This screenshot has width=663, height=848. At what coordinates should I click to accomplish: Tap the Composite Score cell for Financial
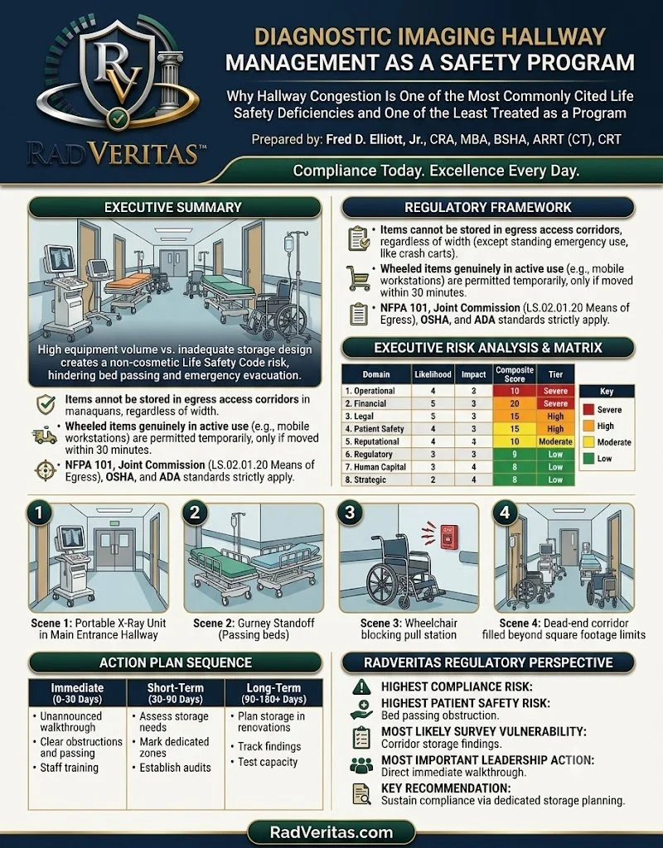[x=514, y=403]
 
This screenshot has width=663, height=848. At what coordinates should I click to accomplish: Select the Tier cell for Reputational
[x=555, y=441]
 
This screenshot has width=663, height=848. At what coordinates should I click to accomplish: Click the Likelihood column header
[x=433, y=374]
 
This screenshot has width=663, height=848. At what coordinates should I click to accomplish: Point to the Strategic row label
[x=365, y=479]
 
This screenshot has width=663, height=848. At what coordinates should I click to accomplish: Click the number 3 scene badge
[x=351, y=512]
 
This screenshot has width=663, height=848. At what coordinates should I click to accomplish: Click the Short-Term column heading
[x=176, y=693]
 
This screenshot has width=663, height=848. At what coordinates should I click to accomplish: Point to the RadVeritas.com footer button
[x=331, y=832]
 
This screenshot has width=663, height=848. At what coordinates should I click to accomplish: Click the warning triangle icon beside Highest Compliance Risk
[x=361, y=687]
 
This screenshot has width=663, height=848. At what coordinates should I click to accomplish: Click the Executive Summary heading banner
[x=174, y=208]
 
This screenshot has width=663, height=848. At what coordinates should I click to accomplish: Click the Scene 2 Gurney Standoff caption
[x=254, y=629]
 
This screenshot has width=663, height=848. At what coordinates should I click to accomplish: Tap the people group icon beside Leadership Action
[x=361, y=765]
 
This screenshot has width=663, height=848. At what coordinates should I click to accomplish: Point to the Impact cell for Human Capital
[x=473, y=467]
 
